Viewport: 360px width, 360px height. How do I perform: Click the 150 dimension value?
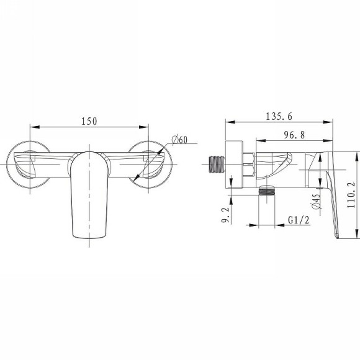click(x=89, y=121)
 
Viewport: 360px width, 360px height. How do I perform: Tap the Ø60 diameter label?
click(x=179, y=140)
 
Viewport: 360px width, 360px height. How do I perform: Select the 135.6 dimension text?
click(x=279, y=117)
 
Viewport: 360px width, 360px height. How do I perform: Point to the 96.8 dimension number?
click(x=295, y=135)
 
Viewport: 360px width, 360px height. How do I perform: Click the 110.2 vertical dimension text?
click(x=351, y=195)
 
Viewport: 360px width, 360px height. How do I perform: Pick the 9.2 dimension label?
click(x=225, y=215)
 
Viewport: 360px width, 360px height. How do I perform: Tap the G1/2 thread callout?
click(x=299, y=220)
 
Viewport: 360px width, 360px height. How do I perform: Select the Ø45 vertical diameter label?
click(x=317, y=201)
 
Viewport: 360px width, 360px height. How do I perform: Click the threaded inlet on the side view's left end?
click(x=217, y=164)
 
